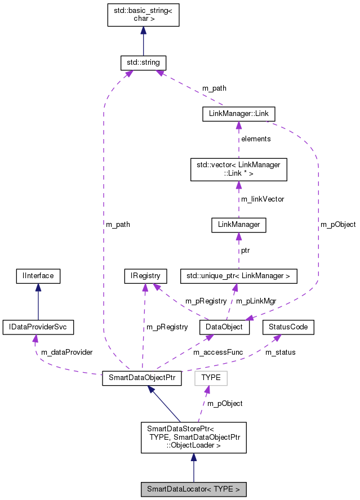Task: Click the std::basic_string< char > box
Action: tap(143, 15)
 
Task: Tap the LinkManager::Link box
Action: tap(238, 114)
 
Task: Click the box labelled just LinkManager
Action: tap(238, 225)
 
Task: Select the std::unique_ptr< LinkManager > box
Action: tap(238, 276)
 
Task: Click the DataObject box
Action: tap(224, 327)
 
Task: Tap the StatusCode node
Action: tap(288, 327)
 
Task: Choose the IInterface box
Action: tap(38, 276)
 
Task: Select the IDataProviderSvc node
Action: tap(38, 327)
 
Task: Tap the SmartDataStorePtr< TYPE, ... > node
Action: tap(193, 437)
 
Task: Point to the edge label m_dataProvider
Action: tap(66, 352)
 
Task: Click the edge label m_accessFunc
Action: tap(218, 352)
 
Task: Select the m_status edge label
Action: tap(280, 352)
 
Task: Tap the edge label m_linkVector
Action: tap(263, 199)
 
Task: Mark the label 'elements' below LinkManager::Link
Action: tap(256, 139)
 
